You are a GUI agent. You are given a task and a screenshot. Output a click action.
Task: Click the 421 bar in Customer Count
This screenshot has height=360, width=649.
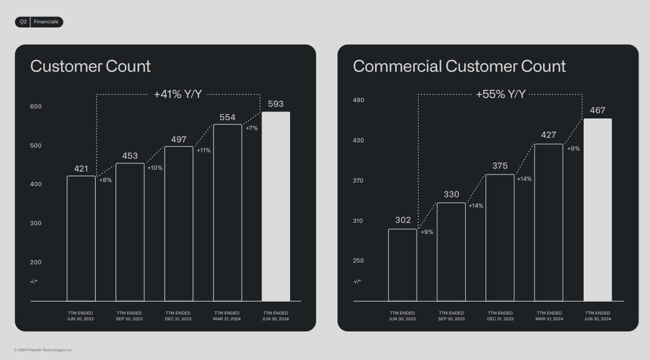[x=81, y=238]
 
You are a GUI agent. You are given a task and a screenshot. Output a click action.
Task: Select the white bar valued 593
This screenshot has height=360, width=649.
[x=275, y=206]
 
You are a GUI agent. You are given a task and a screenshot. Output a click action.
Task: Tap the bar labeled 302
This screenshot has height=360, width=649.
[x=403, y=265]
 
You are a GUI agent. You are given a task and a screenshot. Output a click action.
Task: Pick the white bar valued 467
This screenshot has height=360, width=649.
[x=598, y=209]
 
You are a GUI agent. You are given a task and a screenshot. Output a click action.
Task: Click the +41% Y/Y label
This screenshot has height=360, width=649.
[x=177, y=94]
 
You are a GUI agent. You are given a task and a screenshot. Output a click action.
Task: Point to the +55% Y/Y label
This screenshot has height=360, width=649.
[x=500, y=94]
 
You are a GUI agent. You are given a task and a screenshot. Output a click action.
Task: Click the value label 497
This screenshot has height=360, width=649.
[x=179, y=139]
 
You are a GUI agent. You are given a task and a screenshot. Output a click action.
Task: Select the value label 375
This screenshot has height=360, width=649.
[x=500, y=166]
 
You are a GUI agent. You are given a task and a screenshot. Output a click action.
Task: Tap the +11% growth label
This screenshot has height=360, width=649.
[x=204, y=151]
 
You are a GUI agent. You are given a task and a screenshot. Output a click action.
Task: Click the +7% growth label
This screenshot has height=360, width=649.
[x=252, y=128]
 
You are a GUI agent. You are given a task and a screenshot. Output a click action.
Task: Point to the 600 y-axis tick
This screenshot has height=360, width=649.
[x=36, y=107]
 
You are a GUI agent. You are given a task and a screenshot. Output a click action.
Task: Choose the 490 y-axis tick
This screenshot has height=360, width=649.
[x=358, y=100]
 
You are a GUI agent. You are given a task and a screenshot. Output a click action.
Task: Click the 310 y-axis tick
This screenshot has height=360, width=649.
[x=358, y=221]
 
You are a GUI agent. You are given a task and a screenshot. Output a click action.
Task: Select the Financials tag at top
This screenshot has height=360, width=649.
[x=46, y=22]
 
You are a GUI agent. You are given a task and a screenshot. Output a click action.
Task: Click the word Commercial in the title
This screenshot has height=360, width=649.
[x=397, y=66]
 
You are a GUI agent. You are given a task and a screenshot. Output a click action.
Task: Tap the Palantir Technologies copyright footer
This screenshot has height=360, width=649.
[x=44, y=350]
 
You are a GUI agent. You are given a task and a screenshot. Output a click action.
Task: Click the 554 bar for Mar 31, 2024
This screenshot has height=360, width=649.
[x=228, y=212]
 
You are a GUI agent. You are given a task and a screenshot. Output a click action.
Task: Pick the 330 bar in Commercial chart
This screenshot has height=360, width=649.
[x=451, y=251]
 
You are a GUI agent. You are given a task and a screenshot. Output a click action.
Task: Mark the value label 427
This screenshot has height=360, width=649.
[x=549, y=135]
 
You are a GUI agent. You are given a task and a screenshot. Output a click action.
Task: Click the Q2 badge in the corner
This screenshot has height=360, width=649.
[x=23, y=22]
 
